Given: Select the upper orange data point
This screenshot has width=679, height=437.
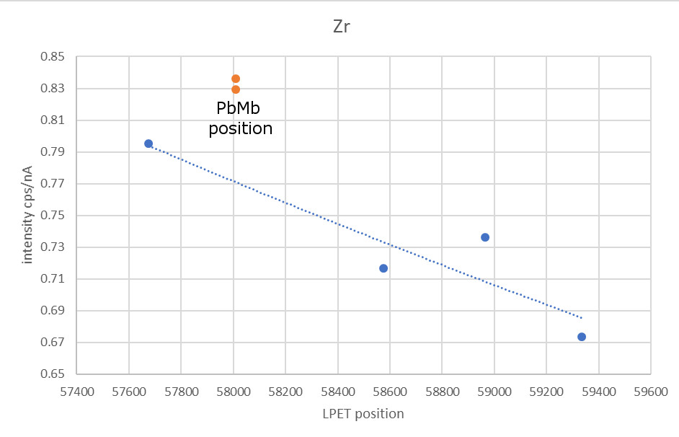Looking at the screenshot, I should point(236,79).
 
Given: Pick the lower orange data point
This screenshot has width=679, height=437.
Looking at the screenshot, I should point(236,89).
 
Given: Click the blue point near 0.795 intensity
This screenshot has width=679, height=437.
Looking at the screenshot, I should point(148,144).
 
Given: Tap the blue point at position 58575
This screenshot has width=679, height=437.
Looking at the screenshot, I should point(383,268).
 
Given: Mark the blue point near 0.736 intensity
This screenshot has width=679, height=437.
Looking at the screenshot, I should point(485,237).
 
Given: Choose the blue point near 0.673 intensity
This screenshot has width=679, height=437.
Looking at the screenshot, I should point(582,337).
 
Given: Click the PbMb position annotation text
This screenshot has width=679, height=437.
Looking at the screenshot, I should point(240,119).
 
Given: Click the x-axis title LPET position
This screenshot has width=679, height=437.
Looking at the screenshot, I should point(363,414).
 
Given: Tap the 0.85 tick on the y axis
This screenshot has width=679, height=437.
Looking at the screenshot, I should point(53,57).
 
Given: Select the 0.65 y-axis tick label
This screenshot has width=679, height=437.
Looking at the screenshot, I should point(53,374).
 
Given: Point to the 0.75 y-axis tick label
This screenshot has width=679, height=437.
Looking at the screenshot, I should point(53,216).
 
